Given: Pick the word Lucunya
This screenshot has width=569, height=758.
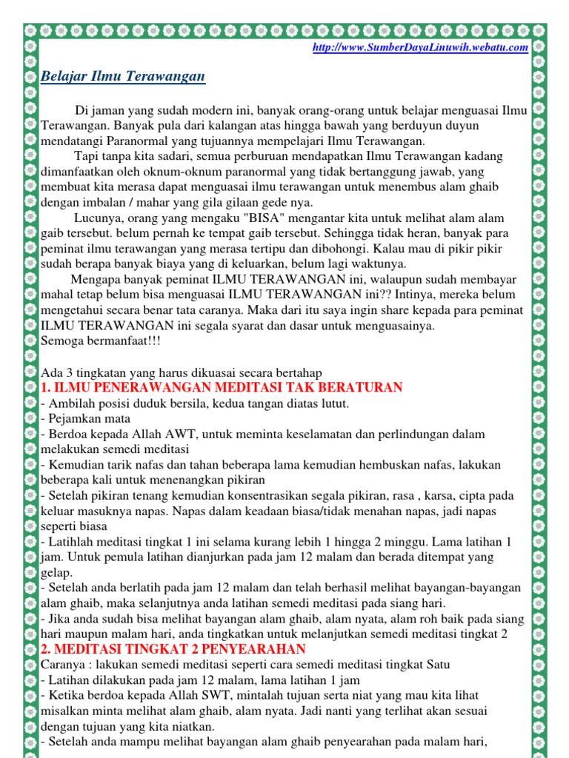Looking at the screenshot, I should point(99,218).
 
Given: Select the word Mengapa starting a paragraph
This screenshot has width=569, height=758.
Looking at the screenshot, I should point(95,280).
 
